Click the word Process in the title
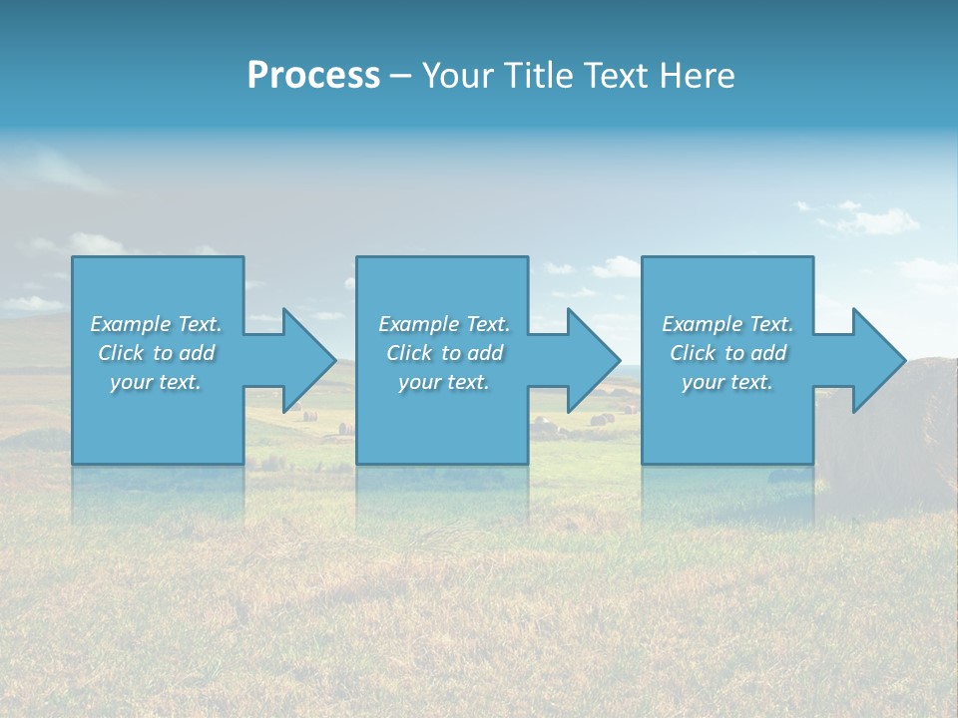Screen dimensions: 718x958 (x=313, y=76)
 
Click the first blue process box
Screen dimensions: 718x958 (x=158, y=429)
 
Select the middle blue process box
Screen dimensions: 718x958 (x=442, y=429)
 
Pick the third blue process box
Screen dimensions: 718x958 (x=726, y=429)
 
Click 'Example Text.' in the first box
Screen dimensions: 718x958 (x=157, y=324)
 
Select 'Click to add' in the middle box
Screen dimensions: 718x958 (x=444, y=353)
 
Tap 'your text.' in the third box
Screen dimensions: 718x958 (x=726, y=382)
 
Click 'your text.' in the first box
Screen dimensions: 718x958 (x=155, y=382)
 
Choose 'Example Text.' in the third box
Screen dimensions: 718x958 (x=727, y=324)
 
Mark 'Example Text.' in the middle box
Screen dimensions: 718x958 (x=444, y=324)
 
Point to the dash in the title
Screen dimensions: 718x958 (x=400, y=77)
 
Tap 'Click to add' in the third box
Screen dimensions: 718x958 (x=727, y=353)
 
